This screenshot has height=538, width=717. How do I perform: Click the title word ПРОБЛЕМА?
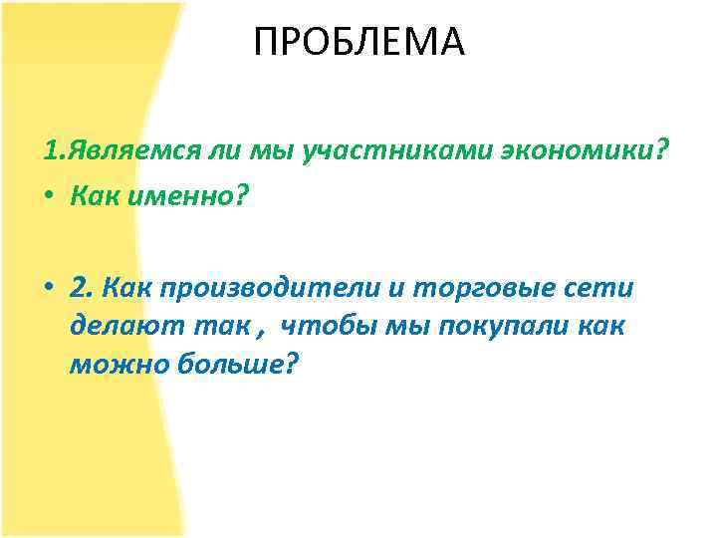pyautogui.click(x=358, y=42)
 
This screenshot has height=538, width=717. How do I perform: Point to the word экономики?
pyautogui.click(x=561, y=152)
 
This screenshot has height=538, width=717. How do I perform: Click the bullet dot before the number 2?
pyautogui.click(x=50, y=289)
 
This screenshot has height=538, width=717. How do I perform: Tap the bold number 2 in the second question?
pyautogui.click(x=80, y=288)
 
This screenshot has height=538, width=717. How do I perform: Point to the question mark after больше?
pyautogui.click(x=291, y=365)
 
